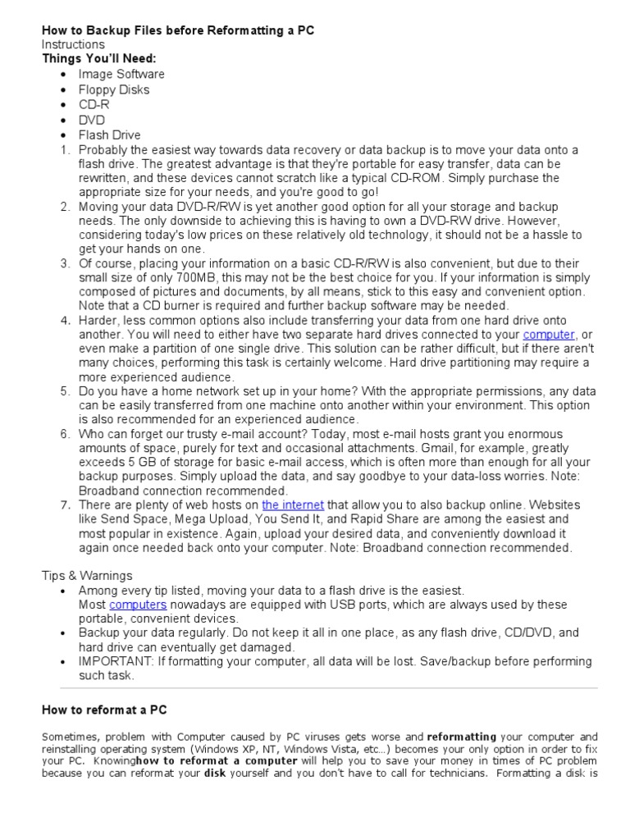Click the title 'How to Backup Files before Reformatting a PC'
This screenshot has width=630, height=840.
point(178,30)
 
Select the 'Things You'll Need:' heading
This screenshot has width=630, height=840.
point(98,59)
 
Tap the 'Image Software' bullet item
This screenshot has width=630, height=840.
point(121,75)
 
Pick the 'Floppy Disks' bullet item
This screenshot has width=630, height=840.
point(114,89)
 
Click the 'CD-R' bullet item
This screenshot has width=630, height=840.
point(93,105)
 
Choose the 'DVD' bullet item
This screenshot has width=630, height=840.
point(92,120)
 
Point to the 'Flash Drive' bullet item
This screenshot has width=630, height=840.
point(109,135)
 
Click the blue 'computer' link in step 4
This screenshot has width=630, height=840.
point(549,335)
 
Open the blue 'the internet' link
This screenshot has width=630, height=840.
point(293,505)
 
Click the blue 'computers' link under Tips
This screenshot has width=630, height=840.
point(138,605)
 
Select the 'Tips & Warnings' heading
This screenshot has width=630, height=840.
point(87,575)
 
